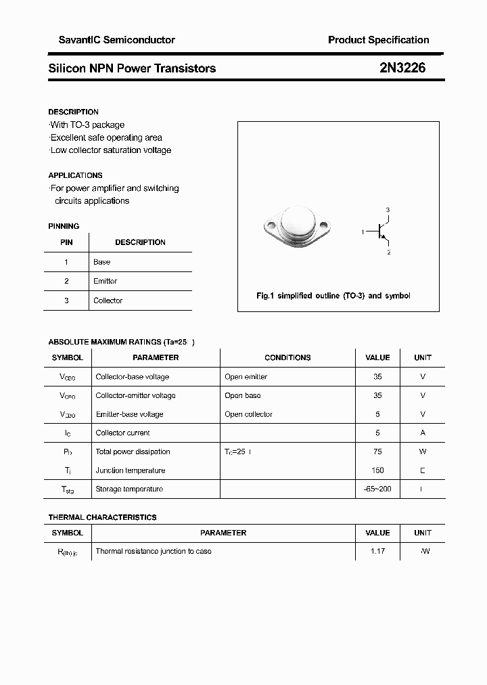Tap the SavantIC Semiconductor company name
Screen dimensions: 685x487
click(x=112, y=40)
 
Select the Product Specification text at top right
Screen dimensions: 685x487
click(x=378, y=40)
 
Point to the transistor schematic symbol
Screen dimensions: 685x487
click(x=382, y=232)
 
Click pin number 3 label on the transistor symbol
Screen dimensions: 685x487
click(x=388, y=210)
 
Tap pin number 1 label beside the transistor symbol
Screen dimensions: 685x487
click(x=363, y=232)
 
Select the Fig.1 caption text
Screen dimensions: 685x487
click(x=333, y=296)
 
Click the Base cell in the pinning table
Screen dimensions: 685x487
click(x=101, y=262)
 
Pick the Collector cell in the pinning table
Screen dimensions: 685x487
click(x=108, y=301)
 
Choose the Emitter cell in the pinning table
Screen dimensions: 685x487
click(x=105, y=281)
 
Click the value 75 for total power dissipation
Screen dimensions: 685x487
click(x=377, y=451)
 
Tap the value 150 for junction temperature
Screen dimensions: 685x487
click(x=377, y=470)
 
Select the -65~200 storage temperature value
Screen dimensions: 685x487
click(x=377, y=489)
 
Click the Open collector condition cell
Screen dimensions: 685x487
click(x=248, y=414)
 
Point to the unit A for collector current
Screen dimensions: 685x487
click(x=423, y=433)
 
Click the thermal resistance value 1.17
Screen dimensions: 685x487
click(x=377, y=551)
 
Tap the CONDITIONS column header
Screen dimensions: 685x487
click(x=287, y=357)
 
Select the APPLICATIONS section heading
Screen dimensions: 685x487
click(x=75, y=175)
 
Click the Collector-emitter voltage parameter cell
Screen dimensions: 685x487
click(x=135, y=395)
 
